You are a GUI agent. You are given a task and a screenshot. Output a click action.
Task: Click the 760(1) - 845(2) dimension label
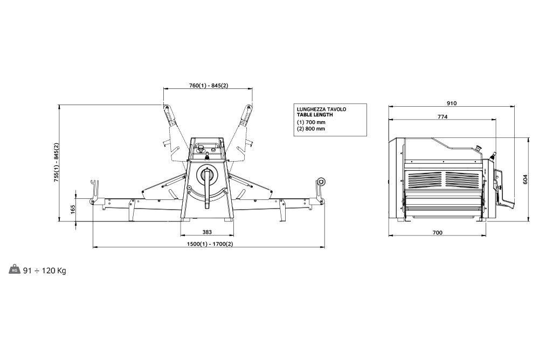click(208, 85)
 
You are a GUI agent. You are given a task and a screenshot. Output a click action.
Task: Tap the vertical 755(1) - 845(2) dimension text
click(57, 162)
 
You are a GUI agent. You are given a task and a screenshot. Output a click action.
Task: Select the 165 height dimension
click(73, 209)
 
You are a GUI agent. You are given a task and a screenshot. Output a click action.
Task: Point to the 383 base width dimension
click(207, 232)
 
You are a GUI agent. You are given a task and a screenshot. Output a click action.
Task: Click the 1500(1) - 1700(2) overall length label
click(210, 244)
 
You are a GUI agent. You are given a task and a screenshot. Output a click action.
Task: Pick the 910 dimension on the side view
click(452, 103)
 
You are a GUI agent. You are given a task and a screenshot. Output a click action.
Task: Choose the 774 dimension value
click(443, 116)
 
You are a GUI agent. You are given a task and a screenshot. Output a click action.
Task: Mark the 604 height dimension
click(525, 179)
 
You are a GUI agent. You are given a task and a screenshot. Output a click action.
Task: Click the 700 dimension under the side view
click(437, 232)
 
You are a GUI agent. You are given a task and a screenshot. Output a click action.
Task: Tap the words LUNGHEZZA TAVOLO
click(321, 109)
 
